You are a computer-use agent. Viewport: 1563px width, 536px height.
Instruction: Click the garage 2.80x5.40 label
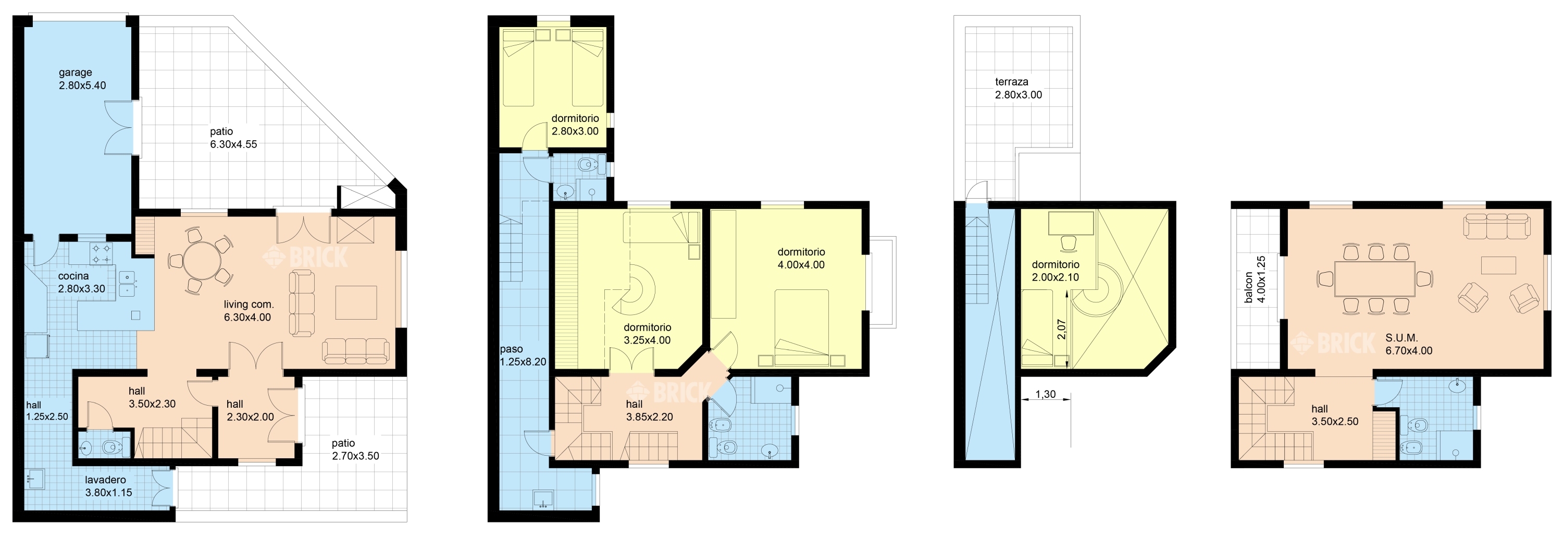point(82,79)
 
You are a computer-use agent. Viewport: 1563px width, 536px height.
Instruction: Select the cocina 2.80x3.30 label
point(81,282)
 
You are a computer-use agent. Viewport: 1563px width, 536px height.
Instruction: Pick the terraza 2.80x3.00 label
point(1018,88)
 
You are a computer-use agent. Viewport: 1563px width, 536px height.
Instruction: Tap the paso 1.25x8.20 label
point(523,356)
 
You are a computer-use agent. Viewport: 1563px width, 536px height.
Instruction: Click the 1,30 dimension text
point(1045,395)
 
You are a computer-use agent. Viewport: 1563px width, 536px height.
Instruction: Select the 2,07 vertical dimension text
point(1061,330)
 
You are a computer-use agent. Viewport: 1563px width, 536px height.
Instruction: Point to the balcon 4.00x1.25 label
point(1255,280)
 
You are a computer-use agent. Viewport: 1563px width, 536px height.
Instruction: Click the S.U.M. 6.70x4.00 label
point(1408,344)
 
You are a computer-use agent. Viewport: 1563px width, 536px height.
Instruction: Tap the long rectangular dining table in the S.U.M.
point(1375,278)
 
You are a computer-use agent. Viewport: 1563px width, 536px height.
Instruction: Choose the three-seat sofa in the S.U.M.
point(1496,226)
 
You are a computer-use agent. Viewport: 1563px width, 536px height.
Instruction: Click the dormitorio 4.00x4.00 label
point(801,258)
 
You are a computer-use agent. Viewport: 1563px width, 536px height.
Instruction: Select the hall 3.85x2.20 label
point(649,410)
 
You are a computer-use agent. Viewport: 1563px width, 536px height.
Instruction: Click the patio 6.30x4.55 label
point(233,138)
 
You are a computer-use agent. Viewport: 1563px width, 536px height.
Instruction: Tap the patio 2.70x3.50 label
point(355,450)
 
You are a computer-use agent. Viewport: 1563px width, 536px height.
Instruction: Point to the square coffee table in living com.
point(356,302)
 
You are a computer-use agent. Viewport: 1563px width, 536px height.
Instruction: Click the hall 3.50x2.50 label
point(1335,415)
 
